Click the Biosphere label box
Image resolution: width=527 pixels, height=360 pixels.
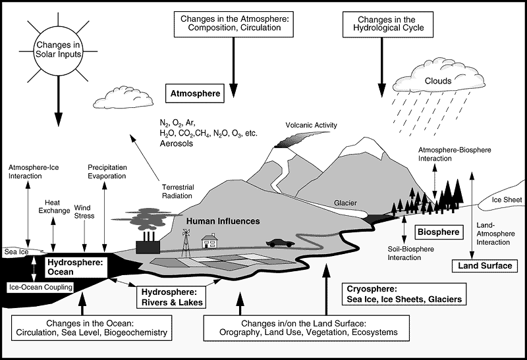(440, 232)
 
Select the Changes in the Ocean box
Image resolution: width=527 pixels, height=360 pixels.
(94, 327)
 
